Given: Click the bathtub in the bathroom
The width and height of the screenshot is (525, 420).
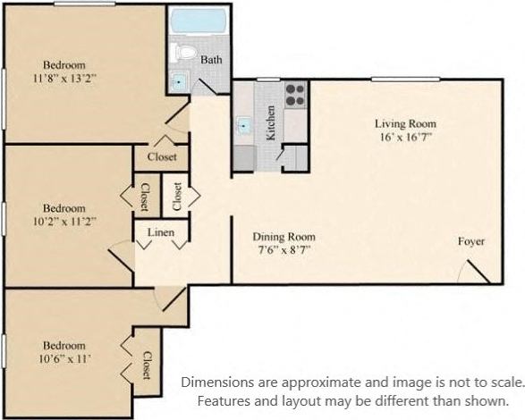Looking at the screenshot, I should pyautogui.click(x=198, y=21).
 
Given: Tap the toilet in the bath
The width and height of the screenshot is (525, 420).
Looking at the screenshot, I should pyautogui.click(x=185, y=52).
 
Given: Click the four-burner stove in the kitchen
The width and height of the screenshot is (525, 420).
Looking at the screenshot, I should pyautogui.click(x=295, y=93).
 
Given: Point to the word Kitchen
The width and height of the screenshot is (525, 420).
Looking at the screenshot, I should pyautogui.click(x=270, y=124).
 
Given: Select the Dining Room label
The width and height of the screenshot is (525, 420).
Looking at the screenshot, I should pyautogui.click(x=284, y=237).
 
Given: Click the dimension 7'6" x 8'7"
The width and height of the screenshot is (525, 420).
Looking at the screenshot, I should pyautogui.click(x=284, y=251).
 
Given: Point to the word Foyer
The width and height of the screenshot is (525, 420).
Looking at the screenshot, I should pyautogui.click(x=471, y=241).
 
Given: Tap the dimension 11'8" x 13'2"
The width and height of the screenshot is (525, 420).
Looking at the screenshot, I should pyautogui.click(x=64, y=78).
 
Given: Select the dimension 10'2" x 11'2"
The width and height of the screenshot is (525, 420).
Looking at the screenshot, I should pyautogui.click(x=64, y=219).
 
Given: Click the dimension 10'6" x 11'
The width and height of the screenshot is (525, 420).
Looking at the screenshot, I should pyautogui.click(x=64, y=358).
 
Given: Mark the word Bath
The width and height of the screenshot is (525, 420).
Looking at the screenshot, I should pyautogui.click(x=211, y=60).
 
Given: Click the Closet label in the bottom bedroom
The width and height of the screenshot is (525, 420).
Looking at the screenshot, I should pyautogui.click(x=148, y=363).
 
